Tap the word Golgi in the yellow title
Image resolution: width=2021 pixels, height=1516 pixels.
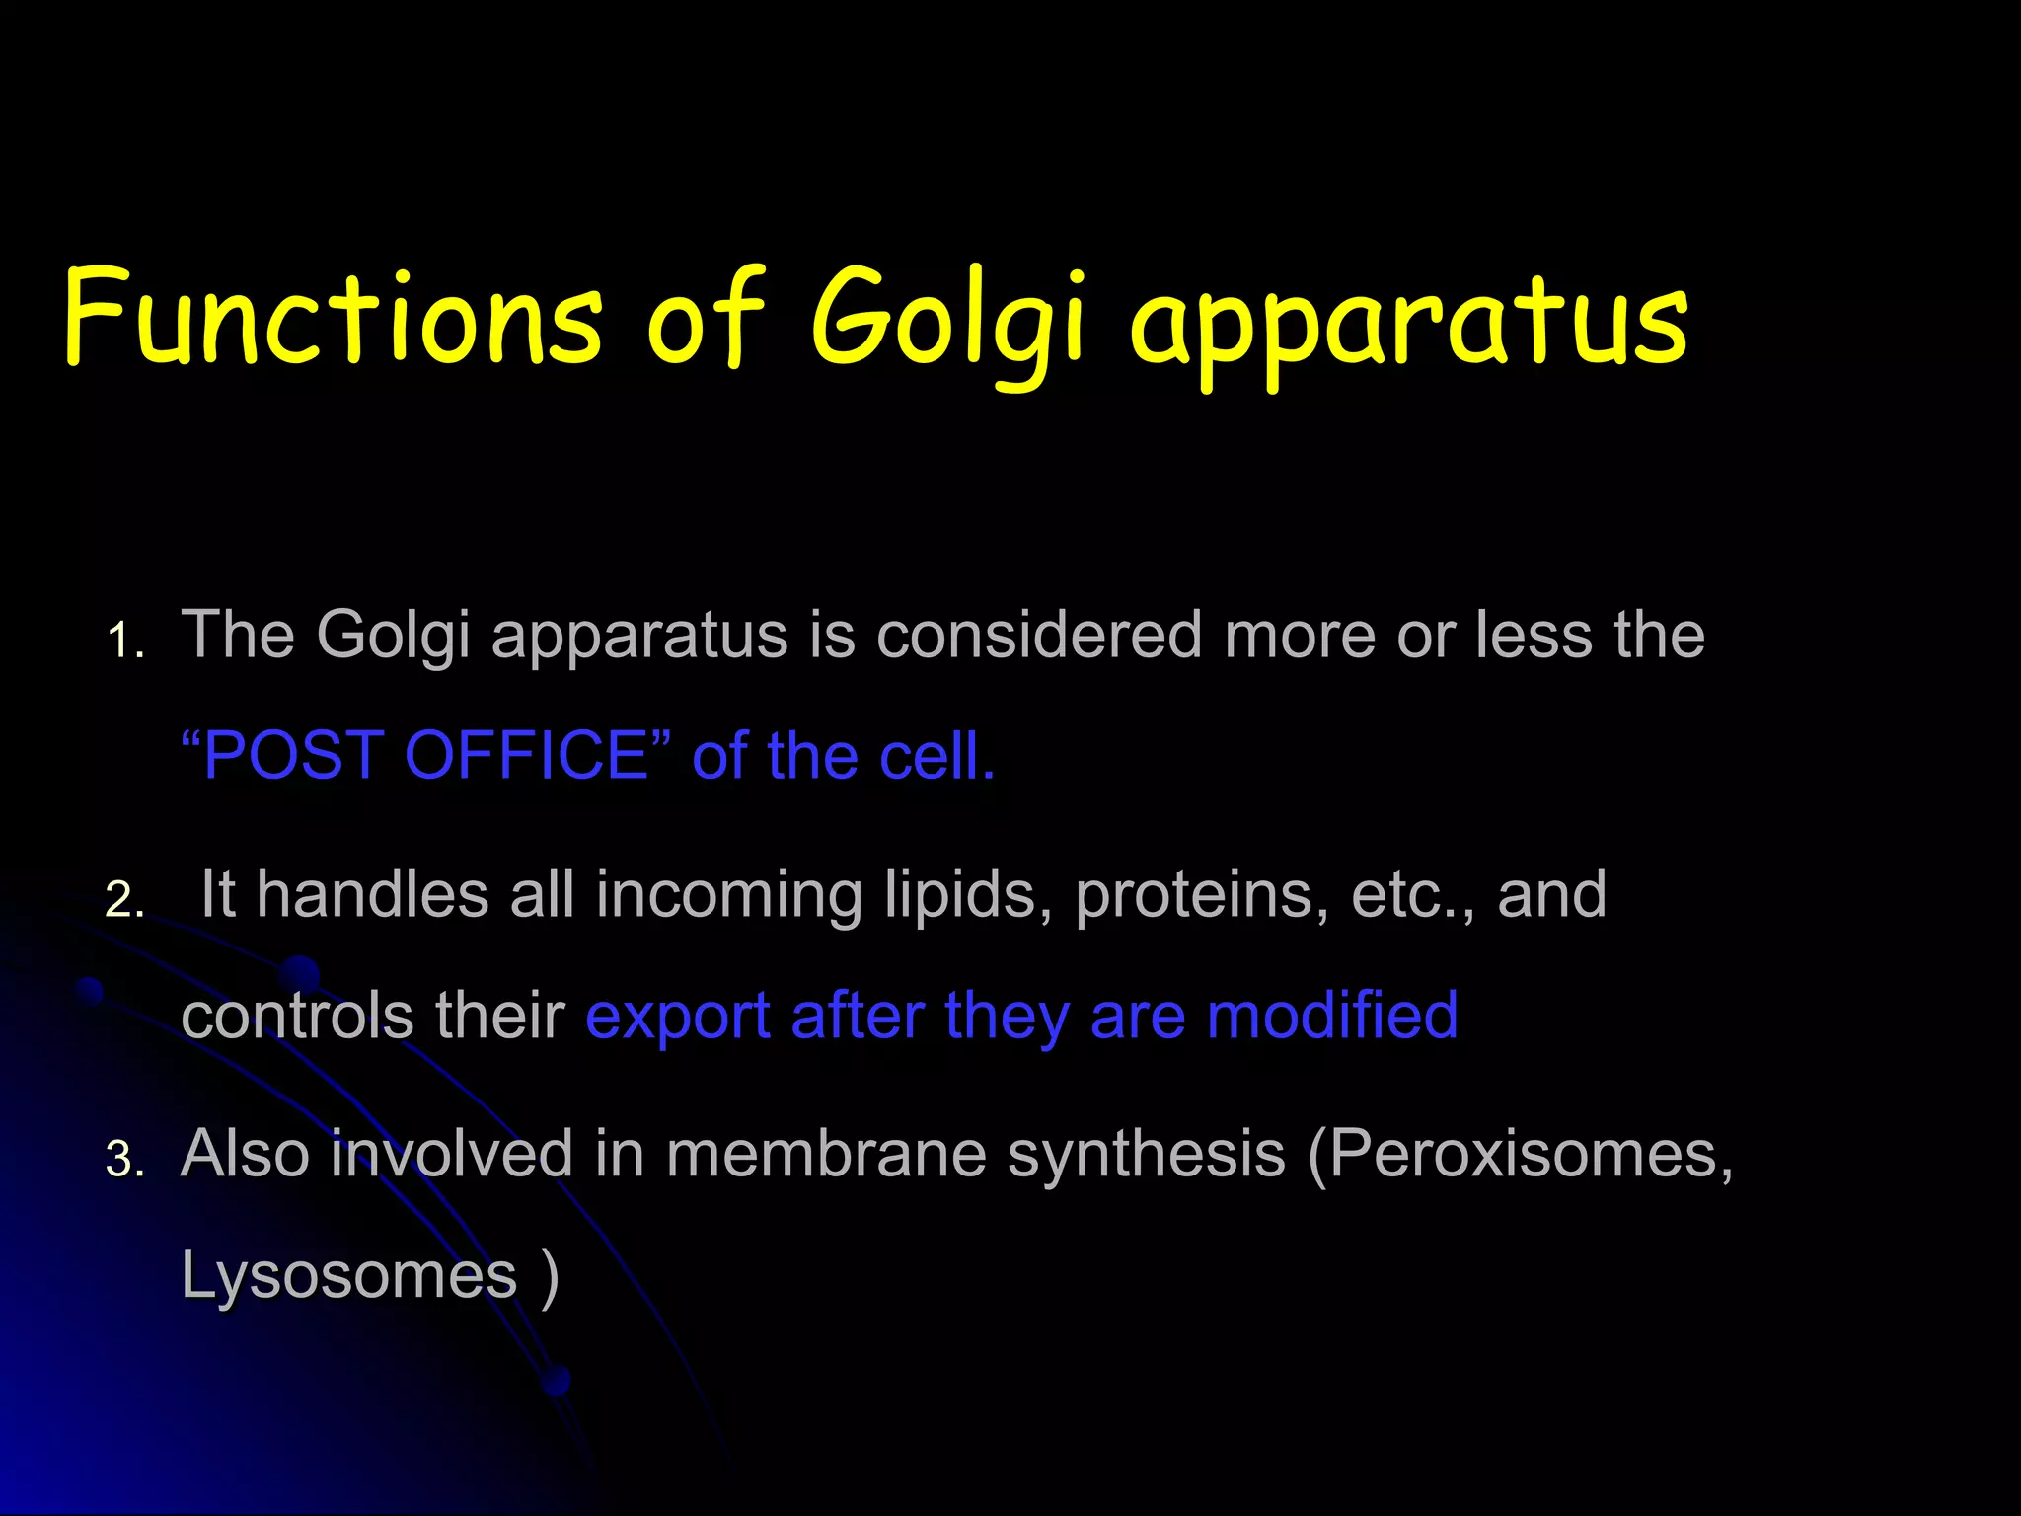(947, 321)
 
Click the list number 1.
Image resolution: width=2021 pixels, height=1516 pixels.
(124, 642)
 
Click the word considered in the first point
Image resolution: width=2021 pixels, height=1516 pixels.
(1038, 634)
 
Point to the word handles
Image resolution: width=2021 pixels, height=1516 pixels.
(373, 894)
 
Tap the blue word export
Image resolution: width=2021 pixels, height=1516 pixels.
(677, 1017)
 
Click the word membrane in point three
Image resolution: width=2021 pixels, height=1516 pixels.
(826, 1153)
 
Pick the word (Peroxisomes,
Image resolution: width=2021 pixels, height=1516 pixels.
(1520, 1153)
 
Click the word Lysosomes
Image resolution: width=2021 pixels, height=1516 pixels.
(349, 1275)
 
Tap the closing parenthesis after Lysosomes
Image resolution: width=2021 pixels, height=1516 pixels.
(551, 1275)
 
